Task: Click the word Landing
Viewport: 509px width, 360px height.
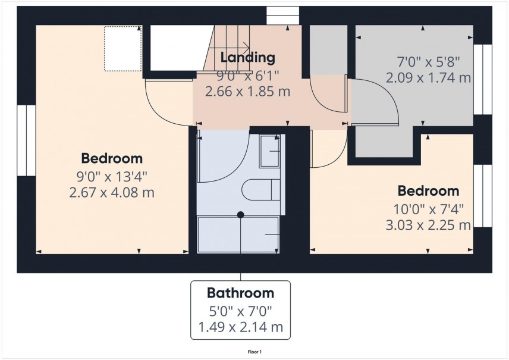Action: [x=247, y=58]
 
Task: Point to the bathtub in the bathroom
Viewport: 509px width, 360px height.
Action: [x=238, y=234]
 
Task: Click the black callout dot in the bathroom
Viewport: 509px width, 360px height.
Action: [x=240, y=214]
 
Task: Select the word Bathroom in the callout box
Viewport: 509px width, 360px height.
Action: [x=240, y=293]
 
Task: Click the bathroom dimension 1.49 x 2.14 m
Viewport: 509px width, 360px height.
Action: [x=240, y=327]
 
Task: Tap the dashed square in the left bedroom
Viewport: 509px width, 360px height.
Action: [x=123, y=48]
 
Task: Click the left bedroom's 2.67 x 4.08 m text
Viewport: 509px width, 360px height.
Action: [x=112, y=193]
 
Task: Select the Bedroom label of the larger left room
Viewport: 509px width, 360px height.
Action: [x=112, y=159]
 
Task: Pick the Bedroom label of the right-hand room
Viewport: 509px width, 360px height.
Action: [x=428, y=191]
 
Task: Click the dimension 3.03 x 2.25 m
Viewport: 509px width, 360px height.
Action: [x=428, y=225]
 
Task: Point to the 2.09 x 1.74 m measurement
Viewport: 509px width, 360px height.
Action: [x=428, y=77]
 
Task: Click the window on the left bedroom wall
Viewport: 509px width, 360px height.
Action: [x=26, y=140]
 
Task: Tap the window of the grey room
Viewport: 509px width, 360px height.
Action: [x=485, y=79]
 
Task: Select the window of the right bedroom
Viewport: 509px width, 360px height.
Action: [x=485, y=196]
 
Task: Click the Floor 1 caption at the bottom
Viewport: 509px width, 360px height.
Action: [x=254, y=352]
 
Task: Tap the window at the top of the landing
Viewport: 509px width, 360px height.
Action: [x=282, y=15]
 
